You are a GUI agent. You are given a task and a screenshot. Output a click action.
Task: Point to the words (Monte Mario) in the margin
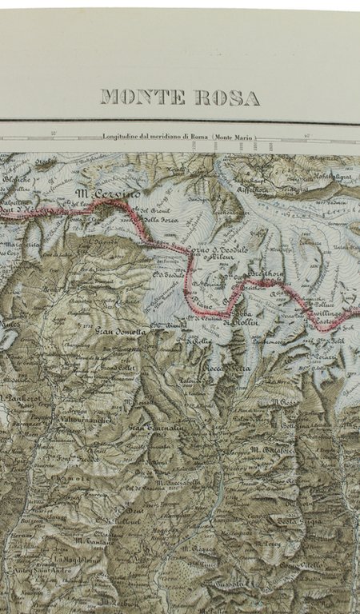(x=234, y=138)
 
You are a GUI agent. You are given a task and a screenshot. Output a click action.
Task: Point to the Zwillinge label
(x=327, y=314)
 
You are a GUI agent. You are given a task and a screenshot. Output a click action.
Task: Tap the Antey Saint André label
(x=46, y=570)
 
